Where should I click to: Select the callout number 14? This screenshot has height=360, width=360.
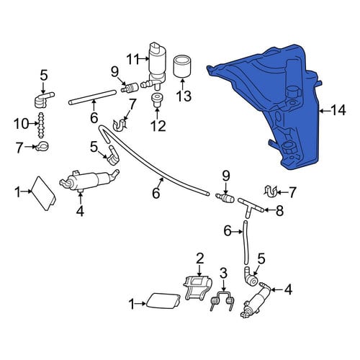338,111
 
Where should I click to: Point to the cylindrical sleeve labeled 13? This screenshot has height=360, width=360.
182,66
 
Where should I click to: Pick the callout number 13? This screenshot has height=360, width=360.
184,96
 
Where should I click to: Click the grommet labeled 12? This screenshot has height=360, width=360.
157,100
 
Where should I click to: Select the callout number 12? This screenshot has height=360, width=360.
158,126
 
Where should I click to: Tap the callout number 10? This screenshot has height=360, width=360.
21,124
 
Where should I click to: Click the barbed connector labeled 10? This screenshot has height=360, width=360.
41,125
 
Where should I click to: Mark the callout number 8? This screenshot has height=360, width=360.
279,211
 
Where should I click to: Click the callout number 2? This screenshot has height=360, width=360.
200,258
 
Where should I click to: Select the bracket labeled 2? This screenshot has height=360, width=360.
198,288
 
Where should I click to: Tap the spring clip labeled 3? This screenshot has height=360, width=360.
221,302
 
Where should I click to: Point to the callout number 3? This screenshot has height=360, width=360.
223,273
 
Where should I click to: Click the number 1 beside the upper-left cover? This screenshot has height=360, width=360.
17,192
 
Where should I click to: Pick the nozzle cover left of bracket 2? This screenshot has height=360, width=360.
163,300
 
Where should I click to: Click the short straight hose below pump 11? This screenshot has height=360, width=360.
93,97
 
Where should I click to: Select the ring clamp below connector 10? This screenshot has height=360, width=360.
42,146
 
